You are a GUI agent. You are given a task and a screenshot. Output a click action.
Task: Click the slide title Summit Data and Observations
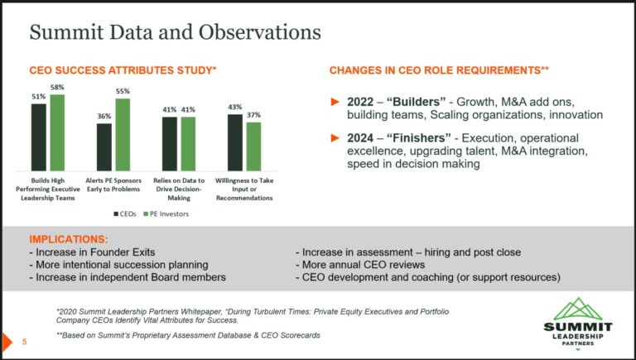click(175, 33)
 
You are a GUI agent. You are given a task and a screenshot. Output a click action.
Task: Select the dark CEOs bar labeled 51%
click(39, 137)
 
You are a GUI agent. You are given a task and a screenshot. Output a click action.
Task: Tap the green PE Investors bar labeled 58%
click(56, 132)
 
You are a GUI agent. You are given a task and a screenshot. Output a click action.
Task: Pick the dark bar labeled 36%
click(104, 146)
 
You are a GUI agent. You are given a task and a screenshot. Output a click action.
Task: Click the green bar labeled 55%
click(123, 134)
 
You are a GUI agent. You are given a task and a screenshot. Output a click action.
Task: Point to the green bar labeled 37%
click(253, 146)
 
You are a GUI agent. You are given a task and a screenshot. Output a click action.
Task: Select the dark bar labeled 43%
click(235, 142)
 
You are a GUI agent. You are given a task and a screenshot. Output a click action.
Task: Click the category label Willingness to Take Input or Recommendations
click(244, 189)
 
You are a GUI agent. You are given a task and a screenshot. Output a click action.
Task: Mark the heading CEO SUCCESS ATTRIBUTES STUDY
click(123, 71)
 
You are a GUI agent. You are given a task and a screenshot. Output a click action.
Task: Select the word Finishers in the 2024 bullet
click(417, 137)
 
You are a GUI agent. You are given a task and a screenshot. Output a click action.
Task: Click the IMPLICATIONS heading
click(68, 239)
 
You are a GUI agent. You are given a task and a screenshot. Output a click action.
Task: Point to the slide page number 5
click(24, 341)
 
